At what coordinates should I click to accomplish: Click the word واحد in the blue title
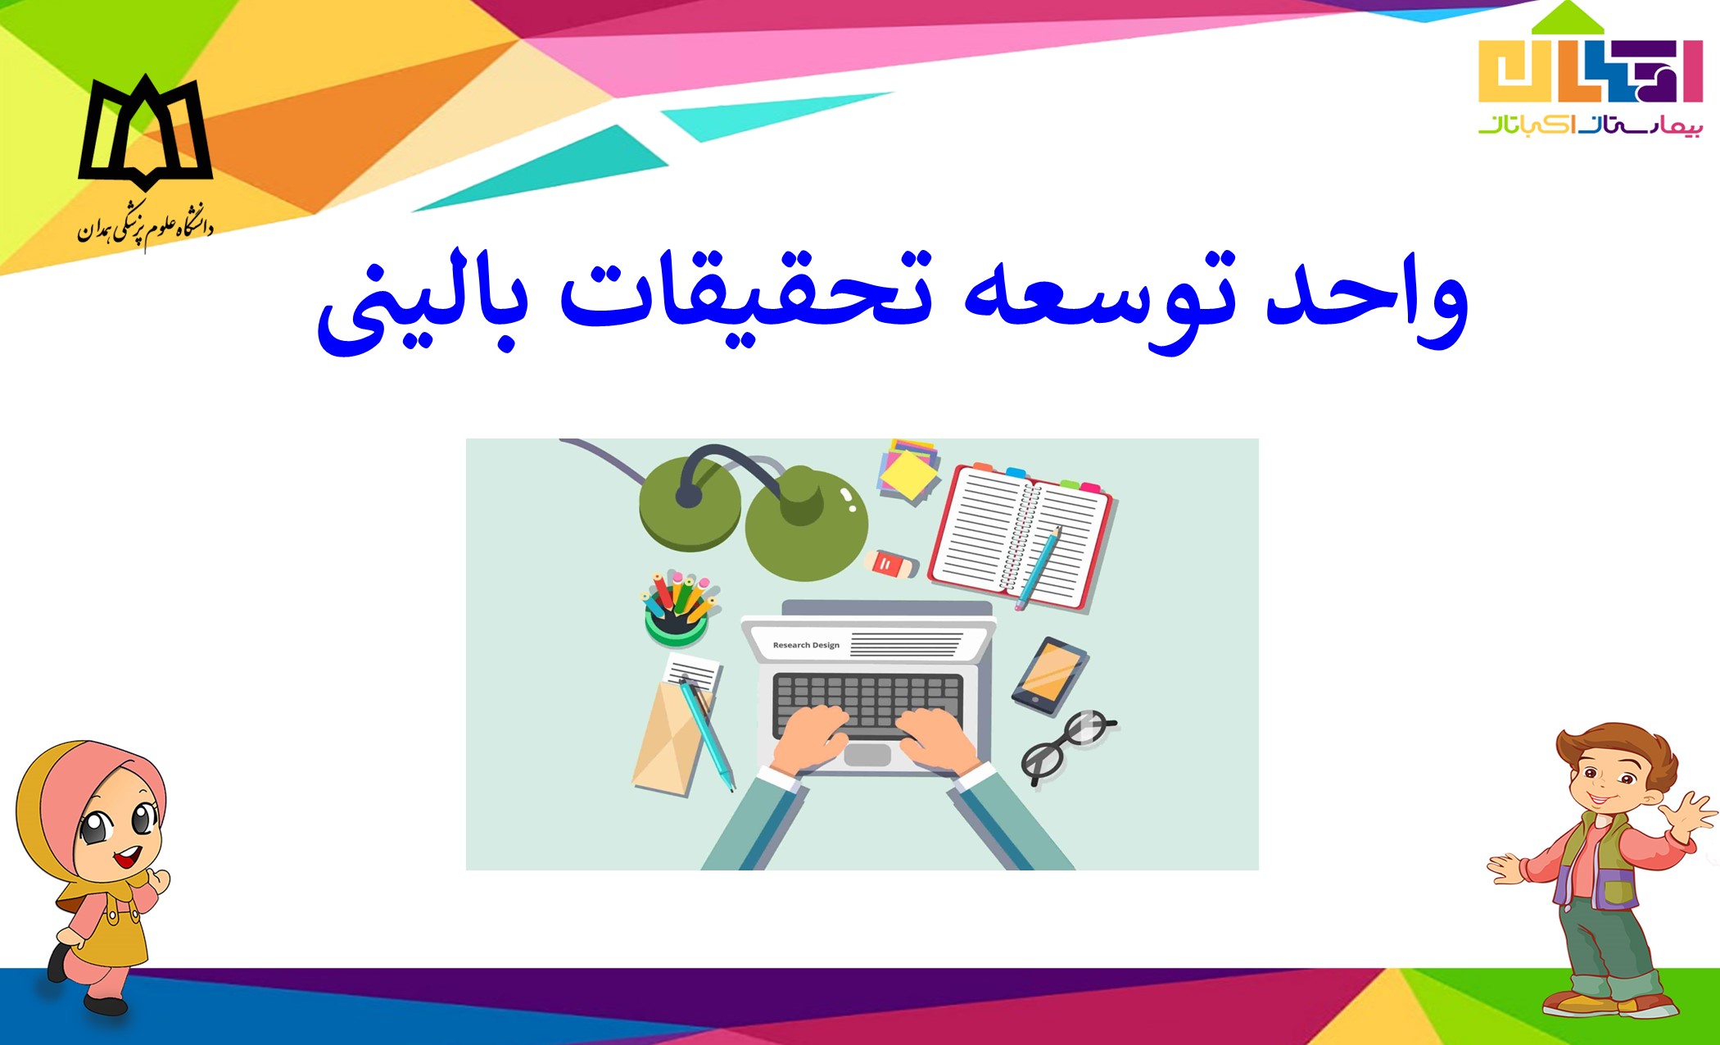[x=1367, y=303]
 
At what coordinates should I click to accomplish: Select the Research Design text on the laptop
[x=806, y=645]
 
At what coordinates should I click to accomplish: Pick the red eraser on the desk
[x=892, y=564]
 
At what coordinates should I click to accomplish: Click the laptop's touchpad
[x=867, y=754]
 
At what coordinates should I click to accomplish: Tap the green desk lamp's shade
[x=806, y=524]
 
